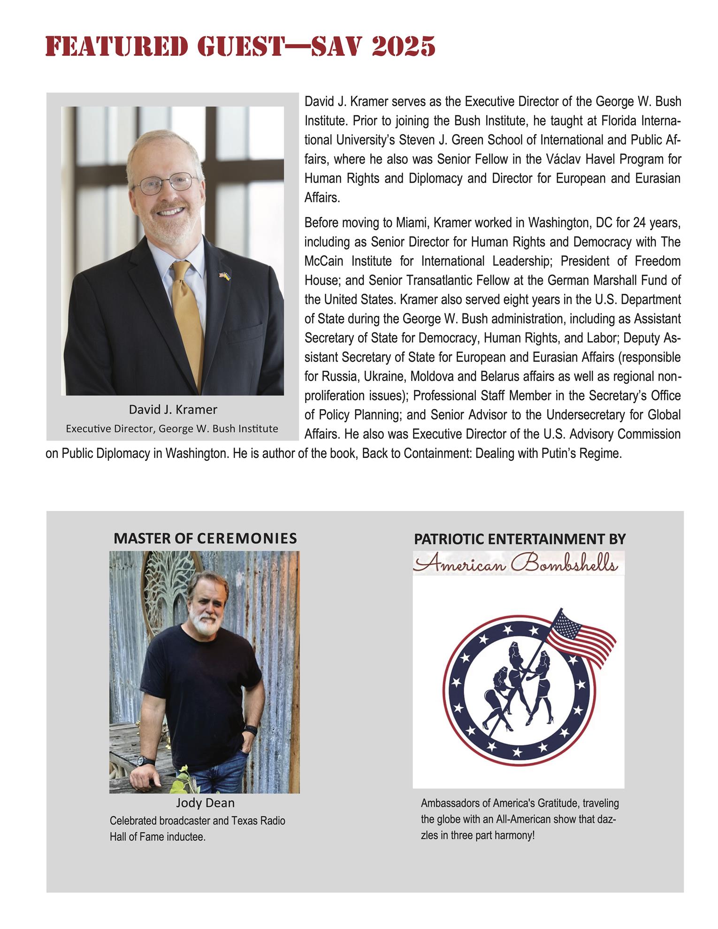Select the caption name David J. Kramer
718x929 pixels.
pos(173,410)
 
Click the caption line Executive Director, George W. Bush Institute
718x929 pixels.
pos(172,428)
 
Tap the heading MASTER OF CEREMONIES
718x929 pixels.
pos(205,538)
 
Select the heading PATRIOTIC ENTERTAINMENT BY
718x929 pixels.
pos(519,540)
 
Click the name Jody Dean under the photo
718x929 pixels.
pos(205,803)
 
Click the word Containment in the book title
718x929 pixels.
pos(431,454)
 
